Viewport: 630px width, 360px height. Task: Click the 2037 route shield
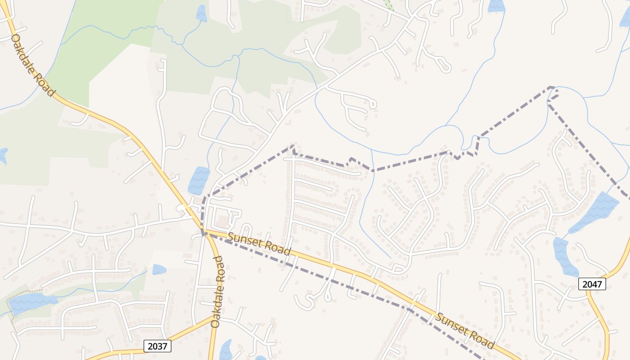[157, 346]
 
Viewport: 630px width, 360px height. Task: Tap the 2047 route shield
[592, 284]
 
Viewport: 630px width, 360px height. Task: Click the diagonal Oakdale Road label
[32, 65]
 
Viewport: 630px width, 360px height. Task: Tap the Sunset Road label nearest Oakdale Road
[259, 244]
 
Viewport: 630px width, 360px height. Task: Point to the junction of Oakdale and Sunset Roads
[204, 232]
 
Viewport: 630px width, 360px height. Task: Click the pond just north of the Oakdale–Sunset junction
[198, 180]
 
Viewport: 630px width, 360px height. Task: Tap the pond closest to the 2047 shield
[564, 256]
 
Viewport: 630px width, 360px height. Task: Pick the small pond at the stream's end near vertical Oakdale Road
[159, 269]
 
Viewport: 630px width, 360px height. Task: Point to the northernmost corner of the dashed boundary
[551, 87]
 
